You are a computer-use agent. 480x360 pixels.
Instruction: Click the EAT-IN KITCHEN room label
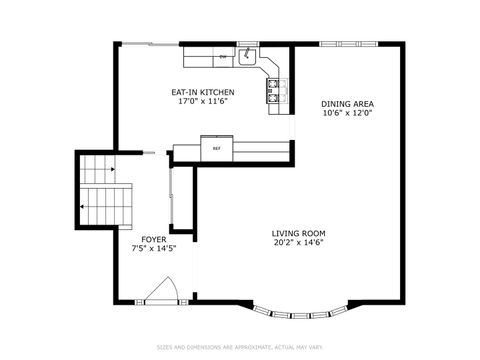[x=206, y=92]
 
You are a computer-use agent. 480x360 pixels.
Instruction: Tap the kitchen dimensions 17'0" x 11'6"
[x=206, y=101]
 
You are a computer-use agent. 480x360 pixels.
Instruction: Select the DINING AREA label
[x=347, y=104]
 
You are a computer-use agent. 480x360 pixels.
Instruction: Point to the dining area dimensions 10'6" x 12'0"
[x=347, y=113]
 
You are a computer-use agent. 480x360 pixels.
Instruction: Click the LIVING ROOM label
[x=298, y=234]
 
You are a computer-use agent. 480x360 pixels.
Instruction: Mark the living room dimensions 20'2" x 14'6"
[x=298, y=243]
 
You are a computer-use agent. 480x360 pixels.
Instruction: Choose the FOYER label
[x=153, y=239]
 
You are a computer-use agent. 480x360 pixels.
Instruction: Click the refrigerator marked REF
[x=215, y=150]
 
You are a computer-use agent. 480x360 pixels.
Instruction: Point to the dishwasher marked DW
[x=222, y=57]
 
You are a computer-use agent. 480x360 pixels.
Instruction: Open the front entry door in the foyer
[x=160, y=292]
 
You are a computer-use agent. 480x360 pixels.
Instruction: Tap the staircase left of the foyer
[x=105, y=195]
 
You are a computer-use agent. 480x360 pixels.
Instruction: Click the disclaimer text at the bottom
[x=240, y=347]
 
